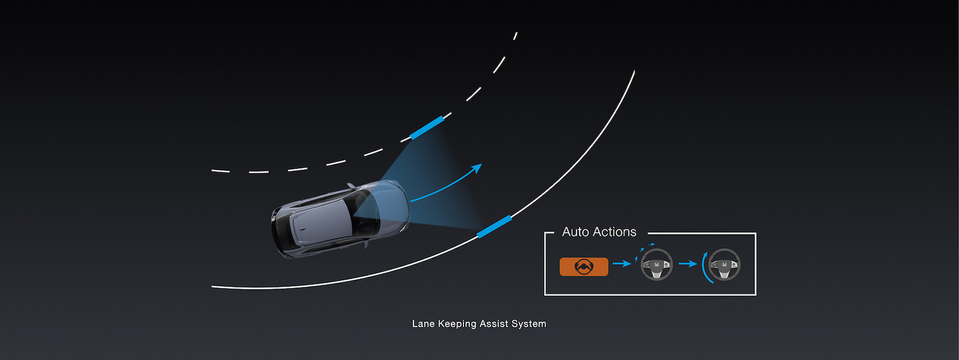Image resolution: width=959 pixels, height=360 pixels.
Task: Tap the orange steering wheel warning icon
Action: (584, 267)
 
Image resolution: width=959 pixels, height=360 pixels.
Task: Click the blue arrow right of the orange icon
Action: (621, 263)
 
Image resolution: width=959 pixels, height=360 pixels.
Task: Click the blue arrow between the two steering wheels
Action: (688, 263)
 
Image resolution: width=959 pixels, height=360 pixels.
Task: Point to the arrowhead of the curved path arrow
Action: (477, 168)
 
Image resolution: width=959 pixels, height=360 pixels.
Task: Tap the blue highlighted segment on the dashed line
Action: (427, 127)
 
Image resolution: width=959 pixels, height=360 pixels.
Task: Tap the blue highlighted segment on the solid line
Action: (494, 226)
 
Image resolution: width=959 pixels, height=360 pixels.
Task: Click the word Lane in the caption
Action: (423, 324)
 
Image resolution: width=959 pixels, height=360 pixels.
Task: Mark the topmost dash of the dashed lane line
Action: (515, 36)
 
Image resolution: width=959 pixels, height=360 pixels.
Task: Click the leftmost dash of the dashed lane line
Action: (221, 171)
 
